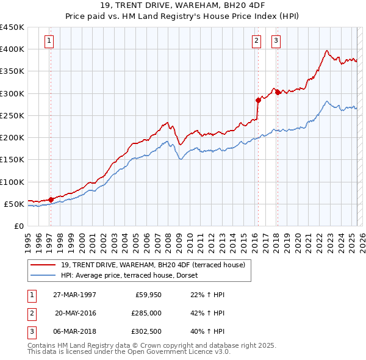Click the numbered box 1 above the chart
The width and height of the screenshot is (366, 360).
(49, 41)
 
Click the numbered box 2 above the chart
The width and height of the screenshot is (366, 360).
(256, 41)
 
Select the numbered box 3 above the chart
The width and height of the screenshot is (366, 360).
(276, 41)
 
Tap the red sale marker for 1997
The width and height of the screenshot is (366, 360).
(51, 199)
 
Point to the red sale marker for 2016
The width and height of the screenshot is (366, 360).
(258, 100)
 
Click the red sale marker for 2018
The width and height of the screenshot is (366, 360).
(278, 92)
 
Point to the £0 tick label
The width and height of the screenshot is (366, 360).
(19, 226)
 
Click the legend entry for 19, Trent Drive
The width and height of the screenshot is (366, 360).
(152, 265)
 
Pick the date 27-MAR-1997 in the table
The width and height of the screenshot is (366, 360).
(76, 294)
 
